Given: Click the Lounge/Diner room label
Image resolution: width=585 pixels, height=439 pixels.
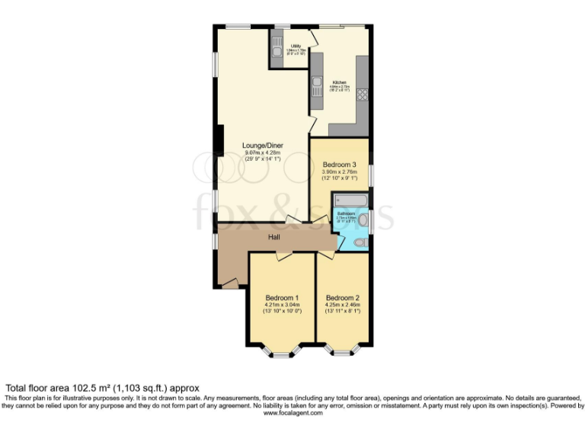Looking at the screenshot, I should point(263,145).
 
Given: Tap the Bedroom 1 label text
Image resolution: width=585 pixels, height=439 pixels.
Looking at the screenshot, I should point(282,297).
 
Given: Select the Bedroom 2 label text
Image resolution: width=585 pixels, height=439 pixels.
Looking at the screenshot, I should point(342,297).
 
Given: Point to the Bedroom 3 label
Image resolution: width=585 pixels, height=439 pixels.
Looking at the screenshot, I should point(339,165).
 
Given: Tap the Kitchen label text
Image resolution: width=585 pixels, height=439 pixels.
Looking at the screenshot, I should point(339,82).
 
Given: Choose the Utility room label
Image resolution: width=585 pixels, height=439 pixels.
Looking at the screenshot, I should point(296,46).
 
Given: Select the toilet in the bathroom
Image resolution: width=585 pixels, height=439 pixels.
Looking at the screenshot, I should point(360,243).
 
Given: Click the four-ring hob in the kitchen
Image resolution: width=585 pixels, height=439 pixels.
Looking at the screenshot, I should point(362,95).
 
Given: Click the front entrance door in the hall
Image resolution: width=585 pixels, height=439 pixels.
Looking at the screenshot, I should point(229,283).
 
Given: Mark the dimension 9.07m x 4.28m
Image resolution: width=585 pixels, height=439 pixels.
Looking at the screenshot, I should point(263,152).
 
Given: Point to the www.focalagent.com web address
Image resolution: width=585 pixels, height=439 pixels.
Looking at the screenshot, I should point(292,413).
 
